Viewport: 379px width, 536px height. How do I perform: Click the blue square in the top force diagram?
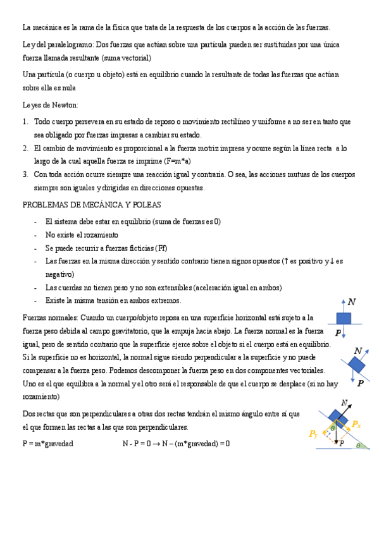[x=344, y=318]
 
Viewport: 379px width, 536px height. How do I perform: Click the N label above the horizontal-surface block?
[x=352, y=302]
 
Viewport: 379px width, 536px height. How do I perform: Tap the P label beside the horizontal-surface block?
[x=338, y=332]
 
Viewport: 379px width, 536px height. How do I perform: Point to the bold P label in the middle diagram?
[x=360, y=382]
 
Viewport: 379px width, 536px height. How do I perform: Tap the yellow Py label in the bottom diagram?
[x=313, y=434]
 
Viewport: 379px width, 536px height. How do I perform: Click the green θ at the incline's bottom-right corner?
[x=359, y=446]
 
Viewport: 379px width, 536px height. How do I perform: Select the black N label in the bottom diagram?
[x=344, y=403]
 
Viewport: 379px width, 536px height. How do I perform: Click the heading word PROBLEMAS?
[x=47, y=205]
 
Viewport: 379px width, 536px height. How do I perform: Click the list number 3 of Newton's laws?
[x=25, y=174]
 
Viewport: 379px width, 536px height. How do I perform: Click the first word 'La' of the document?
[x=27, y=28]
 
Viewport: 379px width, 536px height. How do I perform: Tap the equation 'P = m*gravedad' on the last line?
[x=47, y=444]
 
